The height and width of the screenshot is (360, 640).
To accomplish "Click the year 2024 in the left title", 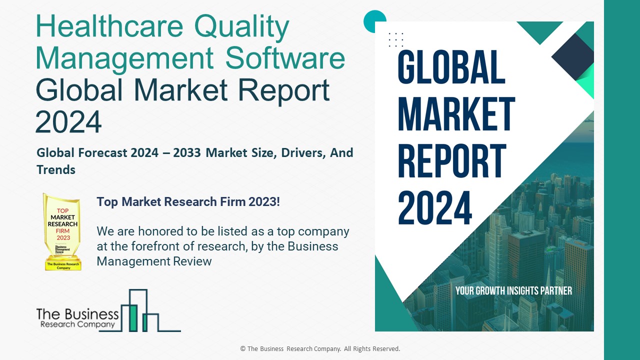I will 68,121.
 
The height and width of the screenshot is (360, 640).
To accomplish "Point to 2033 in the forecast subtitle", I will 190,153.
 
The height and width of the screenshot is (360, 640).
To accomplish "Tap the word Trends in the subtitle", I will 56,170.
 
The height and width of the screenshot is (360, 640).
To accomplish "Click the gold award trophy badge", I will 62,232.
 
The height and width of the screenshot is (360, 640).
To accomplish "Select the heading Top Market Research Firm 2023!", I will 188,202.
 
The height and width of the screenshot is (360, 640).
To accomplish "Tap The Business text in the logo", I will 77,314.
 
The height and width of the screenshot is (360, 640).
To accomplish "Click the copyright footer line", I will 320,349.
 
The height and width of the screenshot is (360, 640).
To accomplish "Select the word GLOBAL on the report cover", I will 451,67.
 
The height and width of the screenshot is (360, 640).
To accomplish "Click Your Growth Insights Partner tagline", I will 513,290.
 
